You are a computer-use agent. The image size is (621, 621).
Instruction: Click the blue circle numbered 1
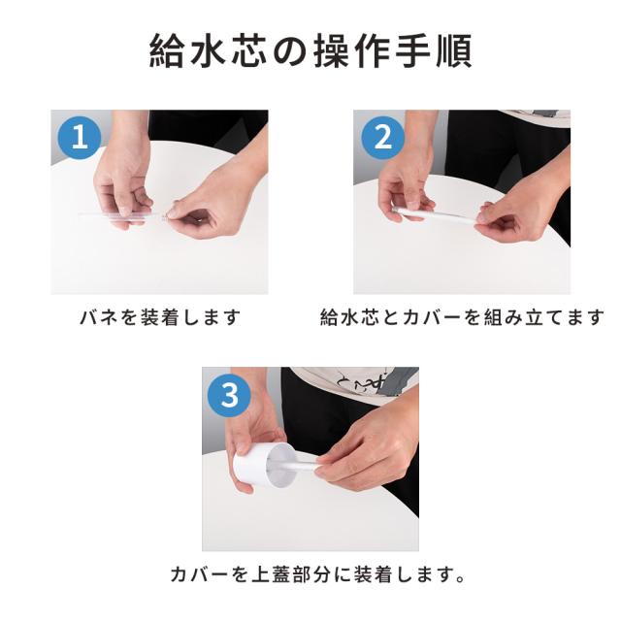[x=80, y=138]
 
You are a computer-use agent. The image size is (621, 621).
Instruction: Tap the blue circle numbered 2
[x=382, y=138]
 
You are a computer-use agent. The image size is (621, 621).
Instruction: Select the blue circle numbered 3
[x=230, y=395]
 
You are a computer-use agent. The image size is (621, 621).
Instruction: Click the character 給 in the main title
[x=166, y=51]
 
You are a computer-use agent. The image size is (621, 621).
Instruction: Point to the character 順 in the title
[x=454, y=51]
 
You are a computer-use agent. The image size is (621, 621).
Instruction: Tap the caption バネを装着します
[x=160, y=317]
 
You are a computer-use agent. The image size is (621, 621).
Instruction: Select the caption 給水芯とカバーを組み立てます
[x=462, y=317]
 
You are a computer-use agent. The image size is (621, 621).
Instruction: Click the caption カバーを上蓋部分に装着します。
[x=317, y=574]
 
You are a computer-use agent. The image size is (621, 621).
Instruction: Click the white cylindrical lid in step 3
[x=261, y=466]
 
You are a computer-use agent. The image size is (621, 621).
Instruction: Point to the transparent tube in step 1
[x=123, y=215]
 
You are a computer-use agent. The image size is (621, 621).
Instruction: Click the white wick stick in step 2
[x=438, y=216]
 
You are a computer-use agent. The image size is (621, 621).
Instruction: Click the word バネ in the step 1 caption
[x=99, y=317]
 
